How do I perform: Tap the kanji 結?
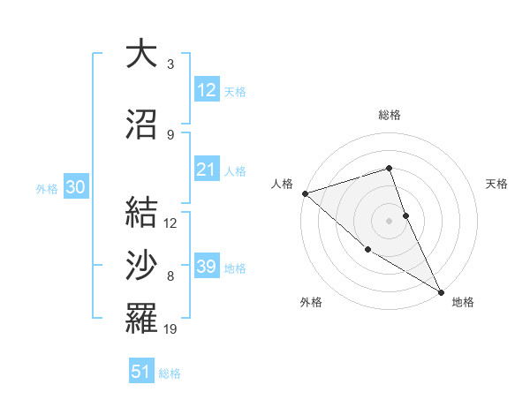(141, 211)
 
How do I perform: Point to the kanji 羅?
(141, 318)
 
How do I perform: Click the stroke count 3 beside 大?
(170, 64)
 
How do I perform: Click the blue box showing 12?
(206, 90)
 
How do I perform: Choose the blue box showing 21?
(206, 170)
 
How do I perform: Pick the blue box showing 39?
(206, 267)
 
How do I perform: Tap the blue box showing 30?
(75, 187)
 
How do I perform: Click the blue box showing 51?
(140, 372)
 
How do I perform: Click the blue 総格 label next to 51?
(170, 373)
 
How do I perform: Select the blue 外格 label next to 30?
(47, 189)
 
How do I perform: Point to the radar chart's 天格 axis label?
(497, 184)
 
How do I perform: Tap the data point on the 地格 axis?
(441, 291)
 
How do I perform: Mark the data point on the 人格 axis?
(305, 193)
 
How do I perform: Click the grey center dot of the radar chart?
(389, 221)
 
